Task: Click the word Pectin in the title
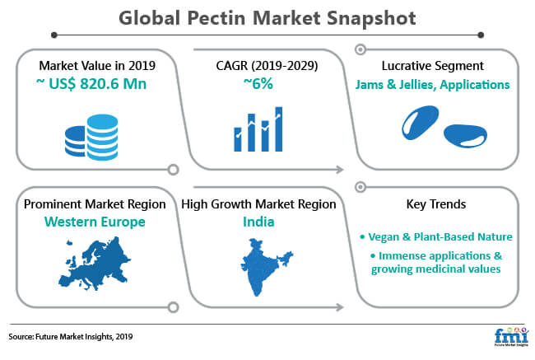point(216,18)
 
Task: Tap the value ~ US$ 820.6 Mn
point(91,84)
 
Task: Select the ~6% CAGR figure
point(258,84)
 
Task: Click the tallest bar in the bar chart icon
point(279,129)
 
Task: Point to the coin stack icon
point(91,138)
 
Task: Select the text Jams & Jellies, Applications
point(432,84)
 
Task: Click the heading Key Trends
point(436,204)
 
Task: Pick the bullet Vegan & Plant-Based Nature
point(436,236)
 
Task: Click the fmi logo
point(511,337)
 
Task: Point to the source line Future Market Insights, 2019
point(71,336)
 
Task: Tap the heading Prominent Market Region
point(95,204)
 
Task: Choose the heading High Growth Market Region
point(258,204)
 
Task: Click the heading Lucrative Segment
point(433,66)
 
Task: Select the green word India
point(258,222)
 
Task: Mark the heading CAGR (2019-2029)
point(267,66)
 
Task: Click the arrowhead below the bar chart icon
point(340,170)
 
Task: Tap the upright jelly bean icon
point(420,122)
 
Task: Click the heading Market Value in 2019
point(97,66)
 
